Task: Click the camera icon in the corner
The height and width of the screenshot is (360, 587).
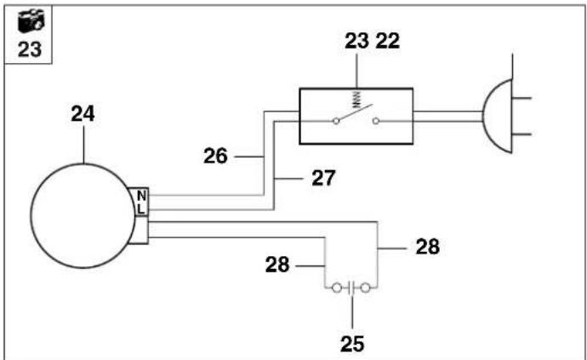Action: click(x=31, y=21)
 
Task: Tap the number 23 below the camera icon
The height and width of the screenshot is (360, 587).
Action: click(x=30, y=49)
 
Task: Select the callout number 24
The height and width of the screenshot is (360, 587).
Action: click(x=83, y=113)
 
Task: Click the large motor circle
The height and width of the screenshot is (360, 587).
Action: click(x=31, y=216)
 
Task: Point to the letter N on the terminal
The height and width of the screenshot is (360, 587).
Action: click(x=141, y=196)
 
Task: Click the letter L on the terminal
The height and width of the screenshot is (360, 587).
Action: click(x=140, y=209)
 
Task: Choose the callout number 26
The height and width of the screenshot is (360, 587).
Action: click(x=215, y=156)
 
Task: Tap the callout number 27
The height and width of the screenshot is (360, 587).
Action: click(x=323, y=178)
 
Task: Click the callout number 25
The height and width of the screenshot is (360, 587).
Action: click(x=352, y=344)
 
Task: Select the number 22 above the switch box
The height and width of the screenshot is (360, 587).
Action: click(x=387, y=41)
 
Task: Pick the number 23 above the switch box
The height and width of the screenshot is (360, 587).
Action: click(x=356, y=41)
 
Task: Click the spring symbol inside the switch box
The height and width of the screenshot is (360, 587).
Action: click(x=356, y=99)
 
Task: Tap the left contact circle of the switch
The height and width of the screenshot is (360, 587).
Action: click(x=336, y=121)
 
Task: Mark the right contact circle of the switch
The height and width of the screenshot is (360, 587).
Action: click(x=377, y=121)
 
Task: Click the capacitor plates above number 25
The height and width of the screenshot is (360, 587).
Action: click(x=351, y=288)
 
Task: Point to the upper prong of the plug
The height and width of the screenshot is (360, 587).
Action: click(x=521, y=98)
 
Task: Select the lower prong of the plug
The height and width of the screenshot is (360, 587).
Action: click(x=521, y=134)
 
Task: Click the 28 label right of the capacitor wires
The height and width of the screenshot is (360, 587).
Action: click(x=428, y=247)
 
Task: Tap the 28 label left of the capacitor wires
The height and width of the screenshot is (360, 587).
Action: click(x=277, y=265)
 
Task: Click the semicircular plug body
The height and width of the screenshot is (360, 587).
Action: click(x=484, y=116)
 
